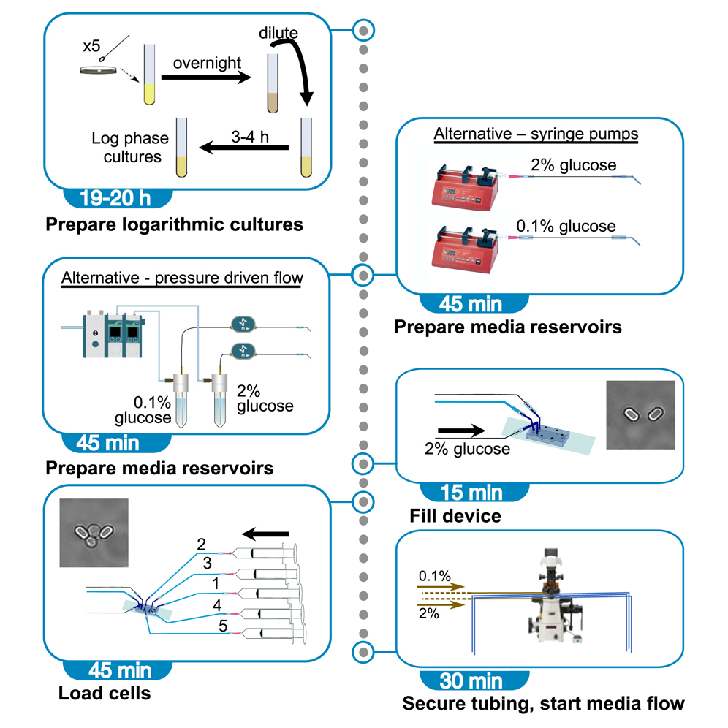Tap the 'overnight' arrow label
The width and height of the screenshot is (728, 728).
point(207,63)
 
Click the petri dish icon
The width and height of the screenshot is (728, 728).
point(99,71)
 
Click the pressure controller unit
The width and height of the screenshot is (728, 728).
point(112,337)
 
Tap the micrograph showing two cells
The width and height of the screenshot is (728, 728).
point(641,414)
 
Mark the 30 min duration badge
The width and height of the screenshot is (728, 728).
point(473,680)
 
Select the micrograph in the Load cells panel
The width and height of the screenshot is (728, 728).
point(94,533)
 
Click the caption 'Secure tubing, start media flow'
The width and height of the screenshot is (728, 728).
point(543,704)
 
